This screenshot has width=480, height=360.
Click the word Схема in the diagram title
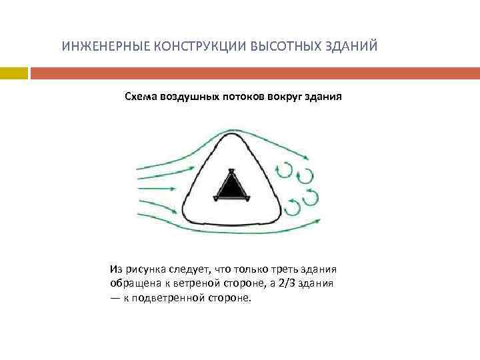point(141,97)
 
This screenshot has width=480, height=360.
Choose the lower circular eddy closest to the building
point(293,207)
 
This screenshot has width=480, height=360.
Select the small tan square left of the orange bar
point(14,71)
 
